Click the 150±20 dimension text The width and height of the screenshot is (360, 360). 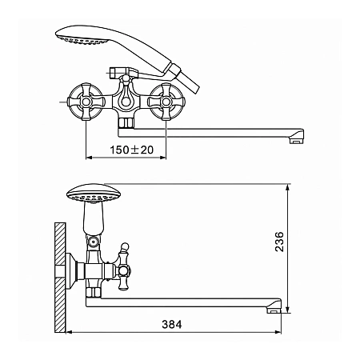click(x=132, y=150)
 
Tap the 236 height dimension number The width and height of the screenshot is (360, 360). click(x=279, y=242)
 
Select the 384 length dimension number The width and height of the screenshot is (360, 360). click(x=172, y=324)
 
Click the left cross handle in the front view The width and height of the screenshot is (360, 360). click(x=86, y=102)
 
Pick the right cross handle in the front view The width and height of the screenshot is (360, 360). click(x=166, y=102)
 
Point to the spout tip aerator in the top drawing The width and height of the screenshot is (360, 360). click(x=297, y=141)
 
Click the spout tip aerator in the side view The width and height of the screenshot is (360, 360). click(x=274, y=310)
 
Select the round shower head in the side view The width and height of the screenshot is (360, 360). click(x=94, y=194)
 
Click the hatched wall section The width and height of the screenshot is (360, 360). click(x=60, y=278)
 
